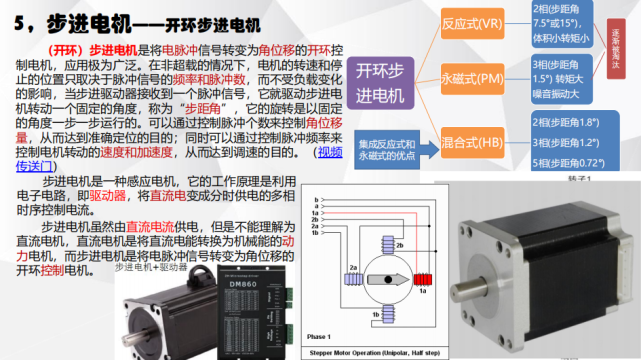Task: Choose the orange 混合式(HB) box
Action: pos(474,144)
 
